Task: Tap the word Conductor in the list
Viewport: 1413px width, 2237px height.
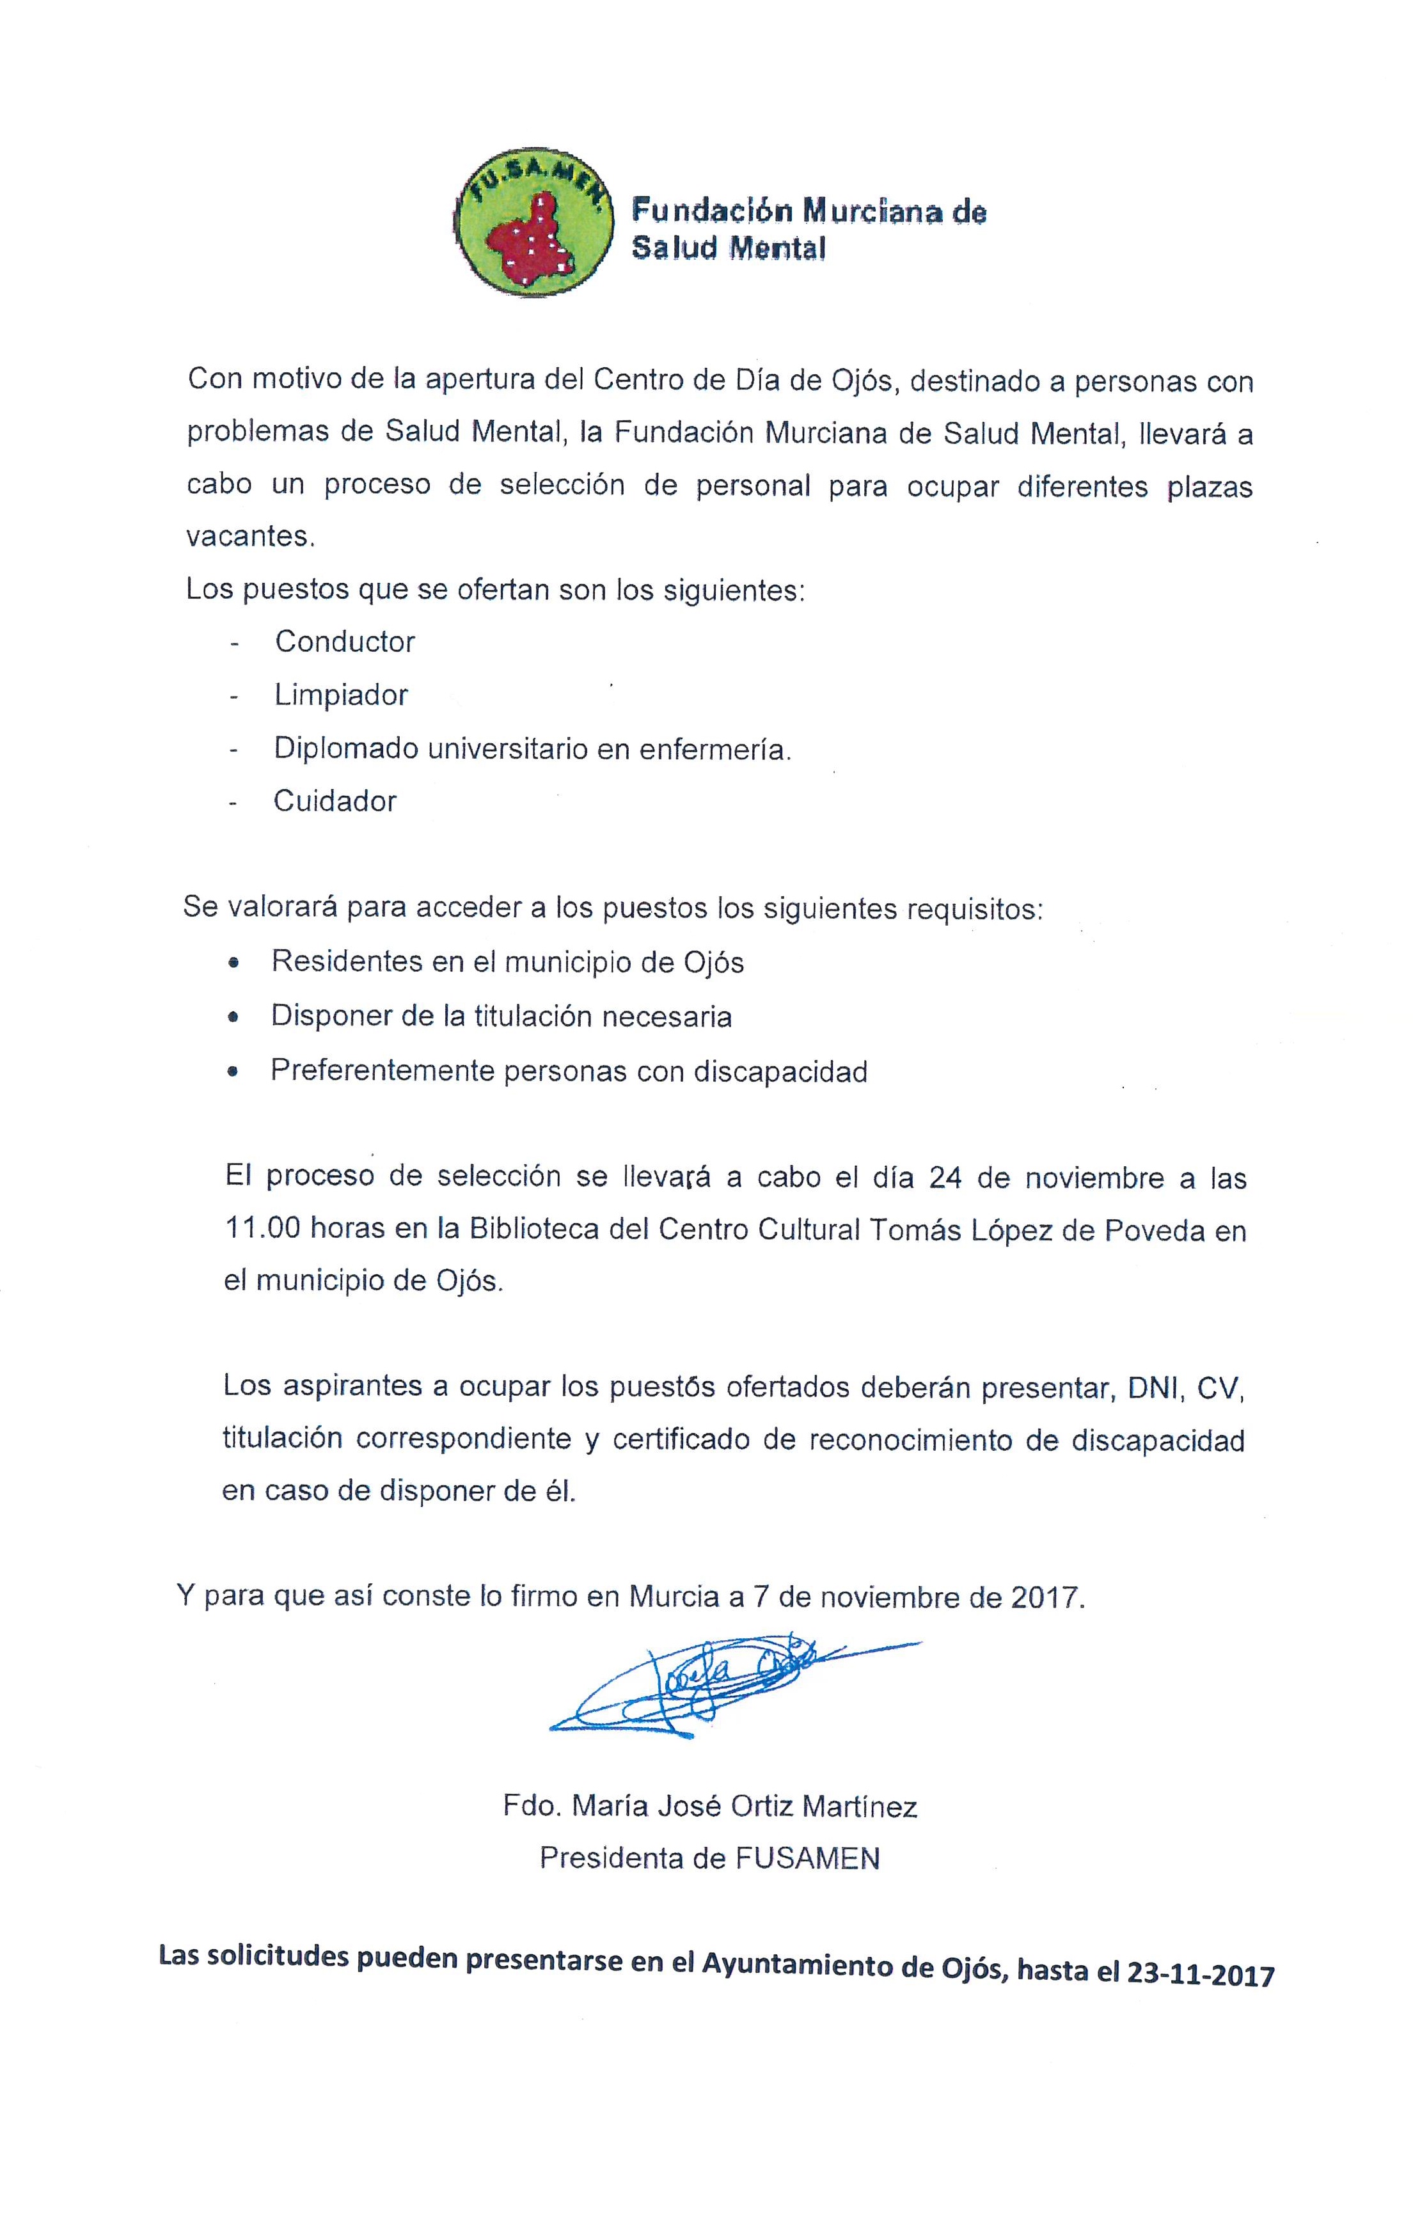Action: (345, 642)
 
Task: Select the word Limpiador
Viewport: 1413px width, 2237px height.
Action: (341, 696)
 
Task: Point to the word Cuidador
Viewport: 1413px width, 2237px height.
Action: (335, 802)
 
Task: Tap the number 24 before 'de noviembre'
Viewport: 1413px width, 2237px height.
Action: (945, 1178)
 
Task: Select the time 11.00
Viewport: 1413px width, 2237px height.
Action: (262, 1230)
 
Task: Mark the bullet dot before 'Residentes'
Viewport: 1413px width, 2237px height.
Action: (233, 963)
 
